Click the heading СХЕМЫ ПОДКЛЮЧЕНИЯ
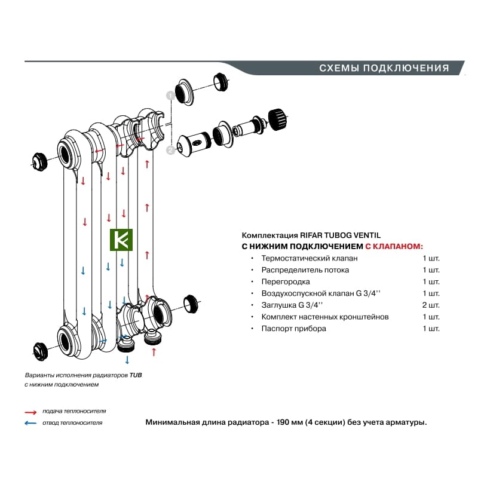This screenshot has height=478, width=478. tap(384, 68)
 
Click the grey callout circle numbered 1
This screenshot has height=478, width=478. tap(170, 95)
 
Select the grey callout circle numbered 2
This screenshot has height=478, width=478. tap(170, 151)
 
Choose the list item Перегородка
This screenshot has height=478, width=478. tap(285, 281)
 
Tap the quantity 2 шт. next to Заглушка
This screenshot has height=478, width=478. tap(431, 305)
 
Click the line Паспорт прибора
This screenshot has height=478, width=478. tap(294, 329)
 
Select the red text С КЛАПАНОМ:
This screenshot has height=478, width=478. tap(394, 246)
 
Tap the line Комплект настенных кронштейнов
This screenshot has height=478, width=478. tap(325, 317)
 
